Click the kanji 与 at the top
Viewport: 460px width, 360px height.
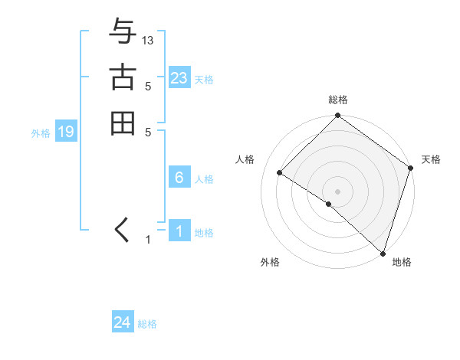123,34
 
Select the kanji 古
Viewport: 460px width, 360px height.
123,79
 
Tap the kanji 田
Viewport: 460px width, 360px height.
123,123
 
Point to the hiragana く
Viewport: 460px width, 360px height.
122,231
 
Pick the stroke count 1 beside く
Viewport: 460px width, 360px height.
149,241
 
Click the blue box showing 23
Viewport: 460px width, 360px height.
179,78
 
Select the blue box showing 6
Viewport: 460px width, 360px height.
179,178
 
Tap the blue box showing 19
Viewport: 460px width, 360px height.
66,132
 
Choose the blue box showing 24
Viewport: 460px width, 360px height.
123,322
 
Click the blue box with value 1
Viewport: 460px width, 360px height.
179,231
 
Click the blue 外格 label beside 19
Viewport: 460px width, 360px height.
41,133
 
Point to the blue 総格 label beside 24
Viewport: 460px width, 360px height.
147,324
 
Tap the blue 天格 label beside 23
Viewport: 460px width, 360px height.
204,80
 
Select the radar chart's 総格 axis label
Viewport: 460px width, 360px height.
337,100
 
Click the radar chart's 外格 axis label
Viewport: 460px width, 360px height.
269,262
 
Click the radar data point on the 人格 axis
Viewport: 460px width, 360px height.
280,173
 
